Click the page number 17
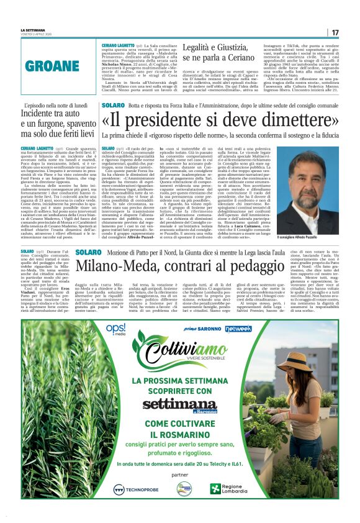pyautogui.click(x=335, y=33)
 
